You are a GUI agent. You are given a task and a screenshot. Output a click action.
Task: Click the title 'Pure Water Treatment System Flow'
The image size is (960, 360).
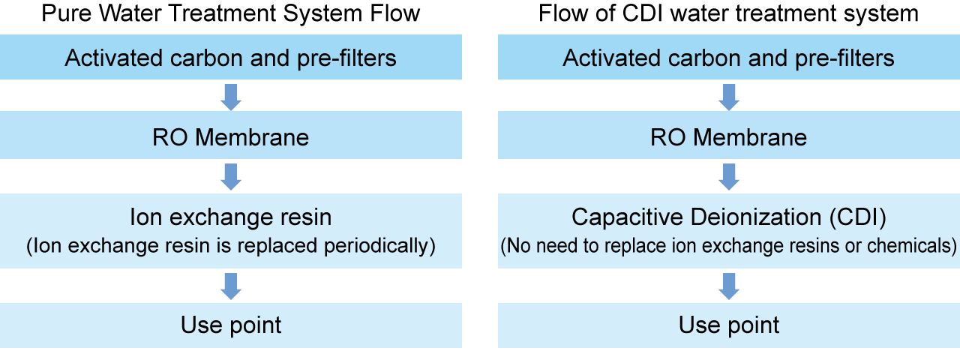coord(231,13)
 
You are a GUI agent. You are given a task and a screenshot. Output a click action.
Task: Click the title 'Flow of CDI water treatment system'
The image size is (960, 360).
coord(728,13)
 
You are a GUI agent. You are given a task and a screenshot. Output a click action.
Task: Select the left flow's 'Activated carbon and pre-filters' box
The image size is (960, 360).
coord(231,58)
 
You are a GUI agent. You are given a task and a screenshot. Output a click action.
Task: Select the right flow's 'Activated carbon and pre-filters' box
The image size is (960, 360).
coord(728,58)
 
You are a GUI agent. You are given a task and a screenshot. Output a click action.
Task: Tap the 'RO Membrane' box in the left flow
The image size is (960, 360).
coord(231,137)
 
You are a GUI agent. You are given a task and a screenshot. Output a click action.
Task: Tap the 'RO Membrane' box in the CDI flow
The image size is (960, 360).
coord(728,137)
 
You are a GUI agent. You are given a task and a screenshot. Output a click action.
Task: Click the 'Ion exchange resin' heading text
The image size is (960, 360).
coord(231,217)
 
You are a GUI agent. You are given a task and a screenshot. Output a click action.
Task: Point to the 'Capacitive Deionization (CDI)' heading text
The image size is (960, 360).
coord(728,217)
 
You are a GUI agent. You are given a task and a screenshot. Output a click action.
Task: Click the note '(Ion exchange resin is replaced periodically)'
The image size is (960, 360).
coord(231,245)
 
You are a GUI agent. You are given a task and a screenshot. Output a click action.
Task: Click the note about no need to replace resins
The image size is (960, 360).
coord(728,245)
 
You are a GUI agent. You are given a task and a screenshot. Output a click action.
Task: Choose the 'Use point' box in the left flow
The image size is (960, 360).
coord(231,325)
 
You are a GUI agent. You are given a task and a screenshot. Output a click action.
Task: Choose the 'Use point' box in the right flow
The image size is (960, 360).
coord(728,325)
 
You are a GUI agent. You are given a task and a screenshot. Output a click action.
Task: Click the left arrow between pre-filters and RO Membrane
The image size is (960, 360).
coord(231,96)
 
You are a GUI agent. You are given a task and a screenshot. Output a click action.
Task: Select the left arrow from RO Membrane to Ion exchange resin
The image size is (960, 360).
coord(231,176)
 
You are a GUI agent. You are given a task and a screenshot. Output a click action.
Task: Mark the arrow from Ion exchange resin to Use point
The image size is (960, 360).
coord(231,286)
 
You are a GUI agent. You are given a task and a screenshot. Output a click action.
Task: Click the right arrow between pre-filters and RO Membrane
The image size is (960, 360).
coord(728,96)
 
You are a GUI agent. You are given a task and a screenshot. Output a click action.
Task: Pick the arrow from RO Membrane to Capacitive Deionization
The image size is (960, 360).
coord(728,176)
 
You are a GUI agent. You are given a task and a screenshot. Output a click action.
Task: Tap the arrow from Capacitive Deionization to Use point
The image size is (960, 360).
coord(728,286)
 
